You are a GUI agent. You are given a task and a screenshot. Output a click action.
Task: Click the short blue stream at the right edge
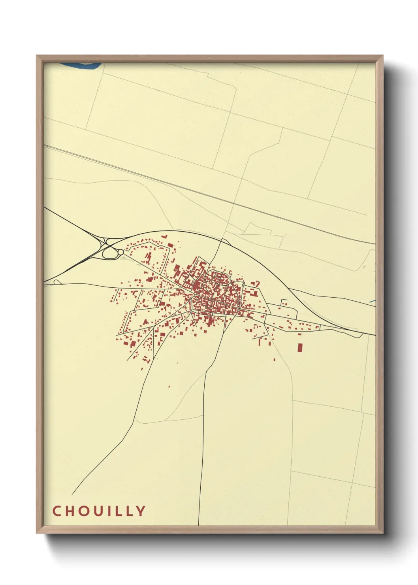click(x=372, y=302)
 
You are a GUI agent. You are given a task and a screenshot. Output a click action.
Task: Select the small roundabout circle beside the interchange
click(x=121, y=252)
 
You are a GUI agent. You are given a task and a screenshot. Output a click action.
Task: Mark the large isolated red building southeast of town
click(x=300, y=347)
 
